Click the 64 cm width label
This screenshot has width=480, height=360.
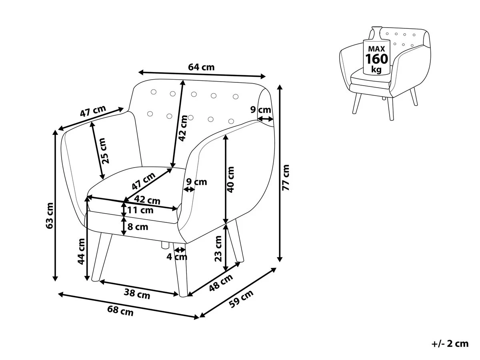(x=201, y=67)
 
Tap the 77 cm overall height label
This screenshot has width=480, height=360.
(x=286, y=178)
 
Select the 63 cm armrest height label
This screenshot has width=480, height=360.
(x=50, y=216)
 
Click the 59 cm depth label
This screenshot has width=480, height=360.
(x=241, y=299)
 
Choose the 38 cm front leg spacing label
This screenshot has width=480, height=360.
(x=137, y=295)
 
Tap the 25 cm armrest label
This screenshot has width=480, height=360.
(x=104, y=151)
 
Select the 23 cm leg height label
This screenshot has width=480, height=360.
(x=218, y=248)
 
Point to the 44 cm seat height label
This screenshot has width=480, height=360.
(x=81, y=251)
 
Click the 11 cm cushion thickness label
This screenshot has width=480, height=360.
(x=140, y=210)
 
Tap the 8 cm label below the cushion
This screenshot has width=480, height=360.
(x=138, y=227)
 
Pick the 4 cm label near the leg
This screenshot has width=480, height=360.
(x=177, y=257)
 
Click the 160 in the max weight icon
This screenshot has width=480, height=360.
(x=376, y=59)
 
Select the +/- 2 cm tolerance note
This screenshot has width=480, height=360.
(x=450, y=344)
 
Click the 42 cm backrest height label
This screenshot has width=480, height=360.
(x=183, y=128)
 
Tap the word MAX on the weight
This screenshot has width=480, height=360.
(x=376, y=48)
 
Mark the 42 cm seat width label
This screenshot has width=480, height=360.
(x=147, y=200)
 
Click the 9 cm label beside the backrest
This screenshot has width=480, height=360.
(x=261, y=110)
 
